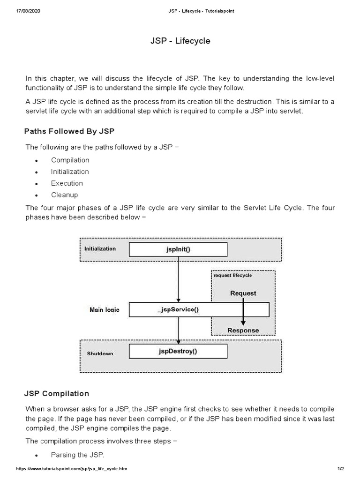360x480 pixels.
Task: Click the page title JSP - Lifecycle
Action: (x=180, y=41)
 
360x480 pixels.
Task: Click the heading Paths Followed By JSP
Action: (x=69, y=131)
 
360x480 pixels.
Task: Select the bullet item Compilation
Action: (x=70, y=160)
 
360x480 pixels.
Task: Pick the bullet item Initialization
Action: (x=70, y=172)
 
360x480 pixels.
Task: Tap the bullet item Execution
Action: (x=67, y=183)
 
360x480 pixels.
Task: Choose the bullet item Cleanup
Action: (x=65, y=195)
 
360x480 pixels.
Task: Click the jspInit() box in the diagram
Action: (x=178, y=249)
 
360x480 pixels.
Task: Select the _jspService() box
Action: (x=178, y=309)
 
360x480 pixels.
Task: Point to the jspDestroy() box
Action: (x=178, y=351)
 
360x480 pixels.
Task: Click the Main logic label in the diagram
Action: (x=104, y=310)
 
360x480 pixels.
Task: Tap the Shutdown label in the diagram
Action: (x=100, y=353)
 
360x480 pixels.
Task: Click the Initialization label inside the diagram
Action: (x=100, y=248)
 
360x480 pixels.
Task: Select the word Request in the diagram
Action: (x=243, y=293)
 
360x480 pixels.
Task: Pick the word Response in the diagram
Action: (x=243, y=330)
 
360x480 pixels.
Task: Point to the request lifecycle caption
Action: (x=232, y=276)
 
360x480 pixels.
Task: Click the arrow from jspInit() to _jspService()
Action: (x=178, y=279)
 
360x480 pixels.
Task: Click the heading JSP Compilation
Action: (x=57, y=393)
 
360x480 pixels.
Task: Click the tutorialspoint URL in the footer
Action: (x=72, y=469)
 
